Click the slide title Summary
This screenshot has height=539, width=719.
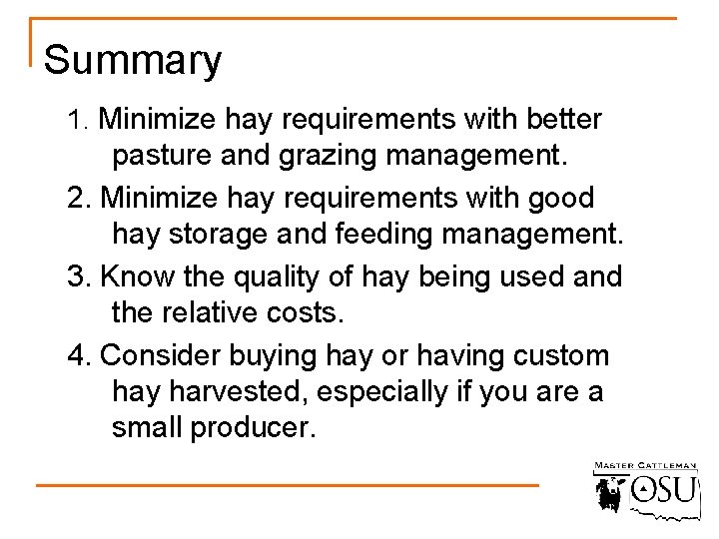coord(133,61)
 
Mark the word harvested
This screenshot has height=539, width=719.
coord(228,392)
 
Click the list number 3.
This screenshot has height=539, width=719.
coord(77,275)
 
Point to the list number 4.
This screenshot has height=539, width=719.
coord(77,354)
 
